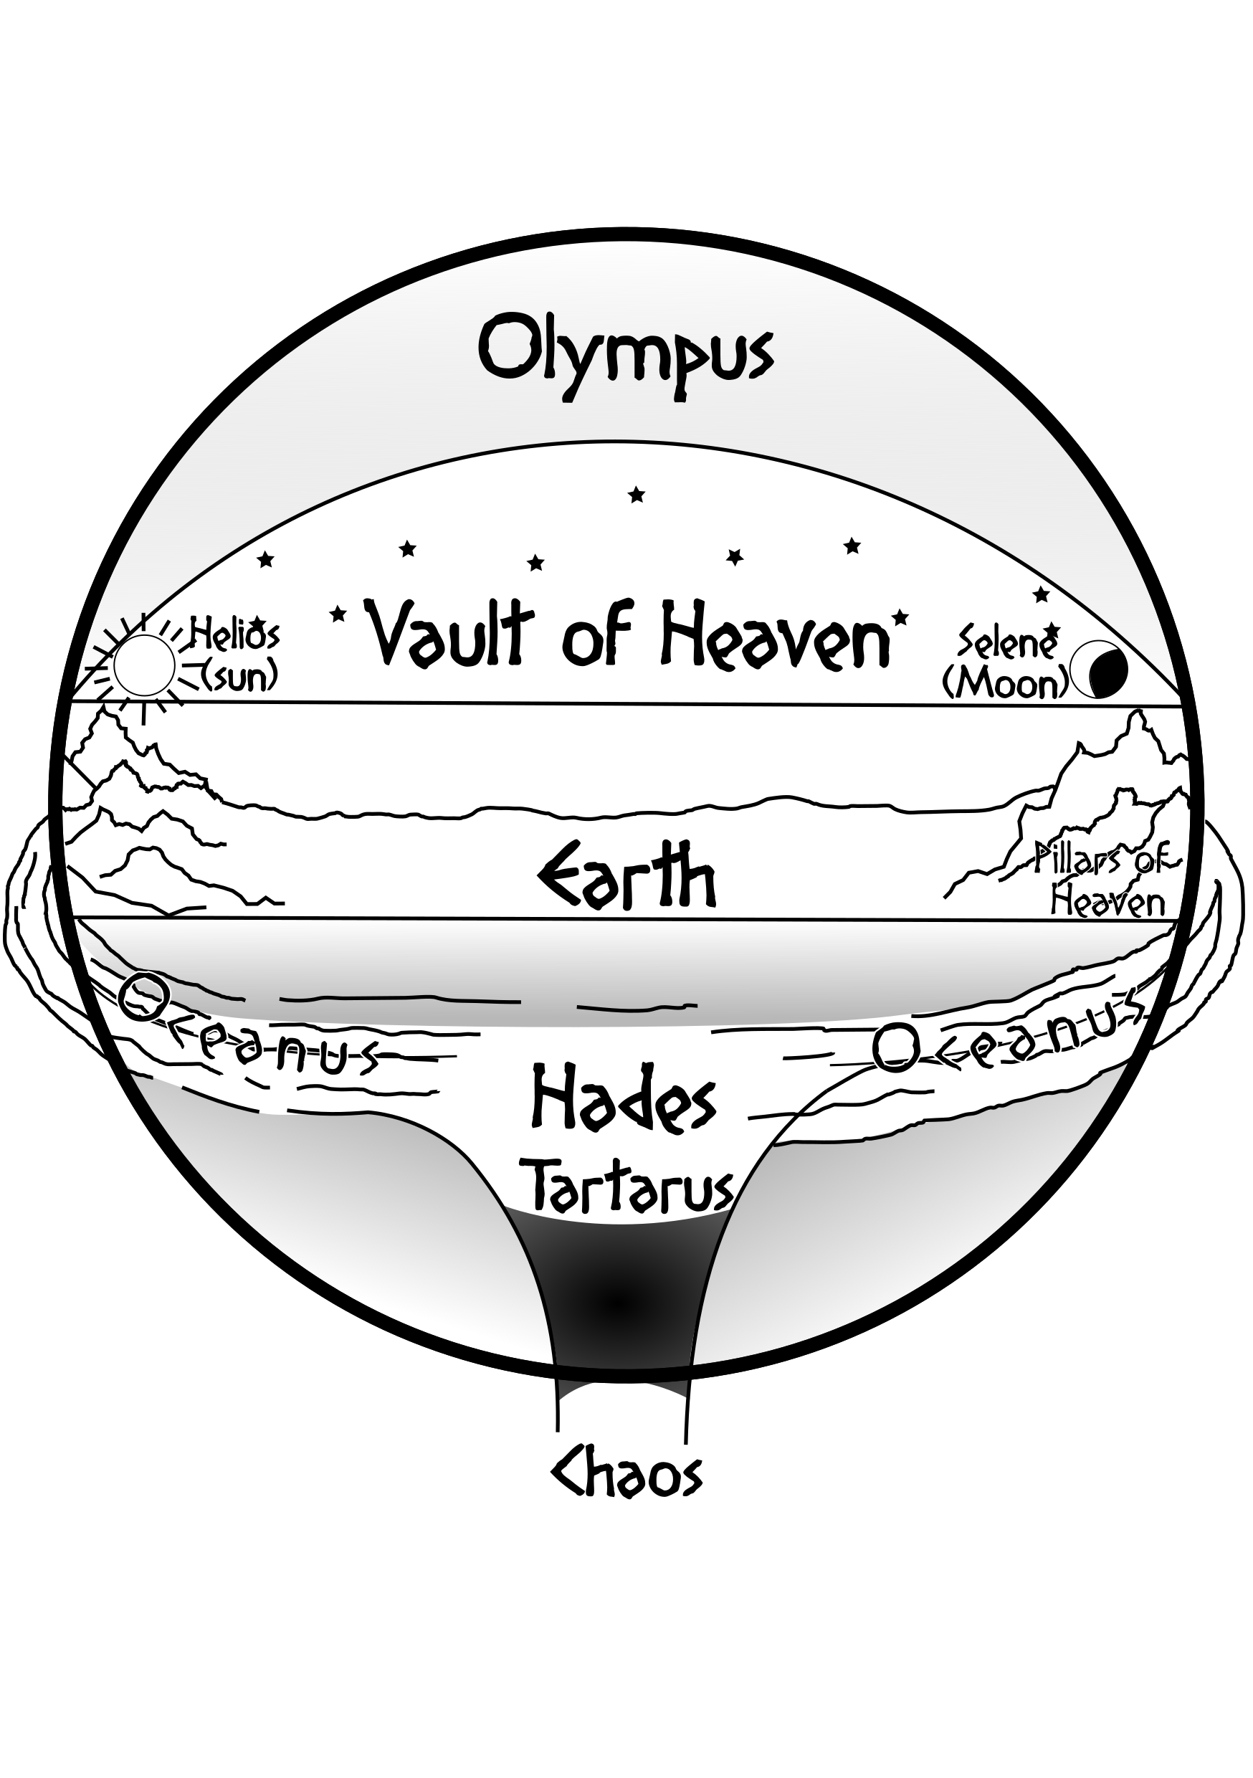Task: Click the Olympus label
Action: tap(626, 356)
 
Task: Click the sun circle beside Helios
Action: tap(144, 665)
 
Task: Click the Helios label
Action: tap(234, 636)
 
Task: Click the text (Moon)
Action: tap(1005, 683)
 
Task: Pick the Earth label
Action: tap(626, 878)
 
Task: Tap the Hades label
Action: tap(624, 1098)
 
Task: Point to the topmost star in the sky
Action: tap(637, 494)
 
